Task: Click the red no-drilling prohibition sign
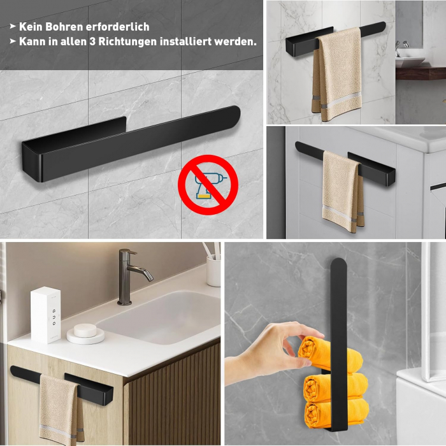click(208, 185)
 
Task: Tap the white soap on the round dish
click(85, 331)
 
